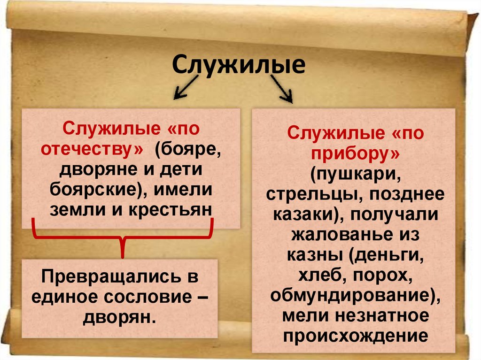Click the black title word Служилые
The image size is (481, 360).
[x=239, y=65]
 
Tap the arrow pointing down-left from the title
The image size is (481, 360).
[x=186, y=88]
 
